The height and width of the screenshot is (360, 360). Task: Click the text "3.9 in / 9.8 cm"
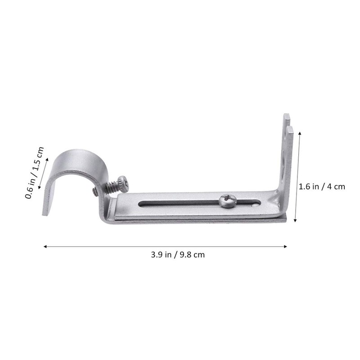[x=178, y=254]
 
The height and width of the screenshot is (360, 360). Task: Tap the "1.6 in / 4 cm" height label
[x=322, y=186]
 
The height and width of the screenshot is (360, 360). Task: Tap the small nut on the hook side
[x=94, y=192]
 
